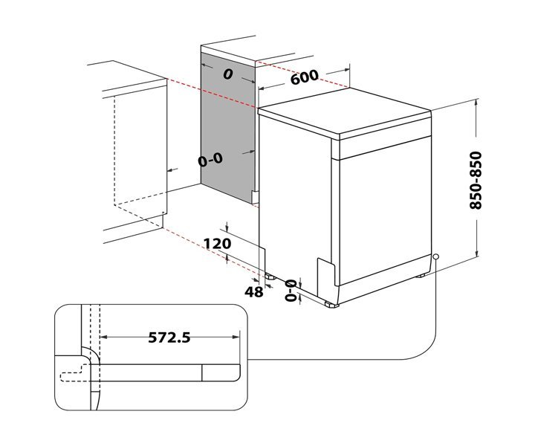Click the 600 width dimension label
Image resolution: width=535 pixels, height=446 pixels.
pyautogui.click(x=304, y=77)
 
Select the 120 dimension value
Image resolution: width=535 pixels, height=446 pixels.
pyautogui.click(x=216, y=243)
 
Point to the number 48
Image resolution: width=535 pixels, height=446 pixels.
pyautogui.click(x=254, y=292)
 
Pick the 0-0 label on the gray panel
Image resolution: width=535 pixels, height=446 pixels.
pyautogui.click(x=211, y=160)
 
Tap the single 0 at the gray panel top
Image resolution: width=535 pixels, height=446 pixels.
pyautogui.click(x=228, y=74)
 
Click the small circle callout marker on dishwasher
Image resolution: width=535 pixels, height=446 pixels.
pyautogui.click(x=436, y=258)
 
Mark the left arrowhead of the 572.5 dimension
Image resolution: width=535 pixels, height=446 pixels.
pyautogui.click(x=103, y=337)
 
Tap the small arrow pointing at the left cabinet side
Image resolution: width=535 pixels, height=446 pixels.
pyautogui.click(x=172, y=170)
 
